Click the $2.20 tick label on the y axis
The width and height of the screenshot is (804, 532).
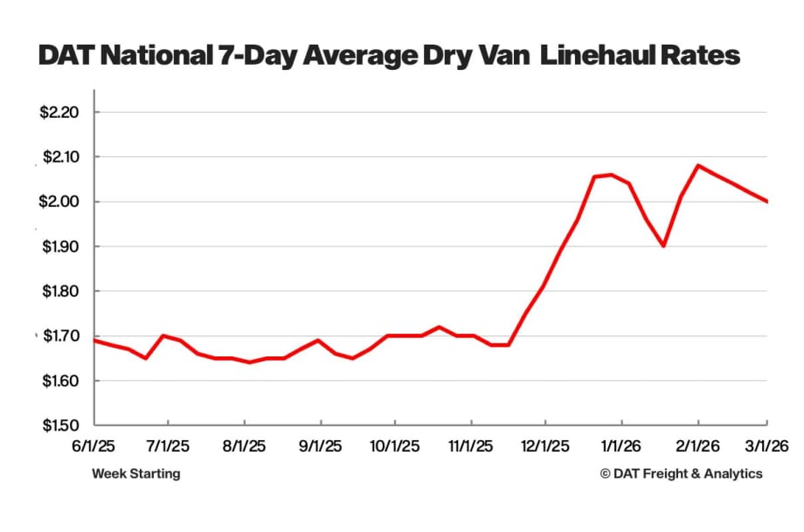pos(60,113)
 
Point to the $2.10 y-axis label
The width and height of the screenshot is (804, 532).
pos(60,157)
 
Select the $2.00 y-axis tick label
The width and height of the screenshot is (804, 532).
pos(60,202)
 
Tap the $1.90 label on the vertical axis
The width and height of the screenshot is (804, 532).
pos(60,247)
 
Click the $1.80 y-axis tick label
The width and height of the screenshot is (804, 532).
pos(60,292)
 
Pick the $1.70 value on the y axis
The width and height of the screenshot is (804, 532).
pos(60,336)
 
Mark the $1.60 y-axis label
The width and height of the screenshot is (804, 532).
pos(60,382)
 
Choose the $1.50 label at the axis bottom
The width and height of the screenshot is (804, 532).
pos(60,426)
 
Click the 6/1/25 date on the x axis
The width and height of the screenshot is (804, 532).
pos(94,446)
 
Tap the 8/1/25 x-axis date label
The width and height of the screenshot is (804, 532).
pos(245,446)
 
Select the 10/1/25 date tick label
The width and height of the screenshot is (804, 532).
pos(394,446)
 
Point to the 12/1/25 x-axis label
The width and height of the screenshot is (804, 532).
pos(545,446)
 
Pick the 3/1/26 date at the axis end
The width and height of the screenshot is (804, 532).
pos(766,446)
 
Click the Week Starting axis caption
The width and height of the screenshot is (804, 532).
pos(135,473)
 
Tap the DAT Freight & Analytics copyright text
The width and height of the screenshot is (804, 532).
pos(681,473)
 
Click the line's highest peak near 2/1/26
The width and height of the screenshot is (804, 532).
pos(697,165)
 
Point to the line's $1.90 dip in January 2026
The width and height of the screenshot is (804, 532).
pos(664,246)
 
